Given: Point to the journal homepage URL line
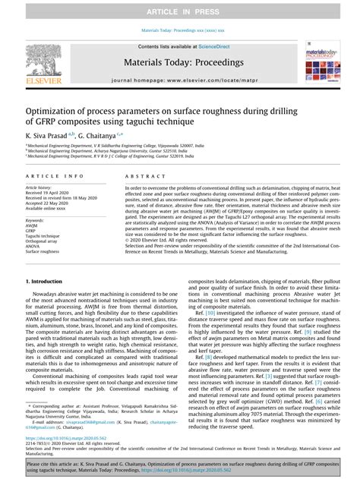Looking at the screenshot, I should [x=179, y=80].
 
